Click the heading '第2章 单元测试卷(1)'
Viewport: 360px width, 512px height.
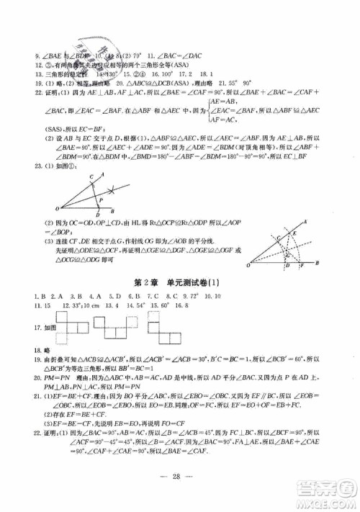click(180, 282)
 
